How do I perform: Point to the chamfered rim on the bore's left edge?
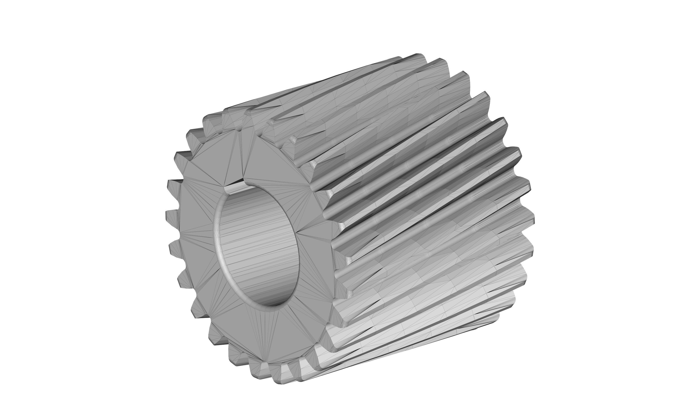coord(217,244)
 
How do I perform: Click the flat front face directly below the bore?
coord(259,325)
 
